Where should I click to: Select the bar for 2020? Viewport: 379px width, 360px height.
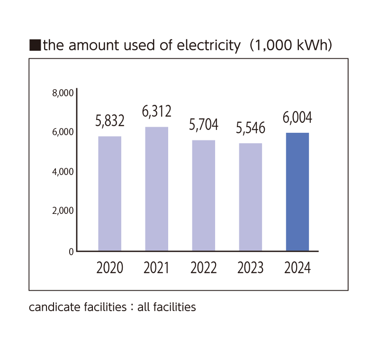coord(109,194)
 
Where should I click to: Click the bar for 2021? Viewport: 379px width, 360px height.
coord(156,189)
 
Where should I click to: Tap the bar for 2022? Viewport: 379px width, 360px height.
coord(204,195)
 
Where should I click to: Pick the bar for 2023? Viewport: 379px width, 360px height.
coord(251,197)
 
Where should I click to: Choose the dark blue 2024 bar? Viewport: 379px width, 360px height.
coord(298,192)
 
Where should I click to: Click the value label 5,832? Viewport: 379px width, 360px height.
coord(109,121)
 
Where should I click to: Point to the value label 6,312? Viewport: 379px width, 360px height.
coord(156,111)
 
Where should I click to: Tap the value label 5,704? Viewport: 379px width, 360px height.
coord(204,125)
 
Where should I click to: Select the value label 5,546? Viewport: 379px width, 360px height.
coord(251,128)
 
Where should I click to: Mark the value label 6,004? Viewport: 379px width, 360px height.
coord(298,117)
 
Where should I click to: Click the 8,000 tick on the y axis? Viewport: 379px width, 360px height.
coord(63,93)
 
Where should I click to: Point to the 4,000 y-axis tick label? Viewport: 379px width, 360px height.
coord(63,172)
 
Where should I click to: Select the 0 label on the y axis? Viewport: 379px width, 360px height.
coord(71,252)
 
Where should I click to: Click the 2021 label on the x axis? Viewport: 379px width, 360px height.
coord(156,268)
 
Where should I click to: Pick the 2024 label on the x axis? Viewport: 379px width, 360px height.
coord(298,268)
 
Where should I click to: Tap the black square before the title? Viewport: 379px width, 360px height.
coord(35,46)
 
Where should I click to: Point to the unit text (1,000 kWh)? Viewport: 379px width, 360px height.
coord(290,46)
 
